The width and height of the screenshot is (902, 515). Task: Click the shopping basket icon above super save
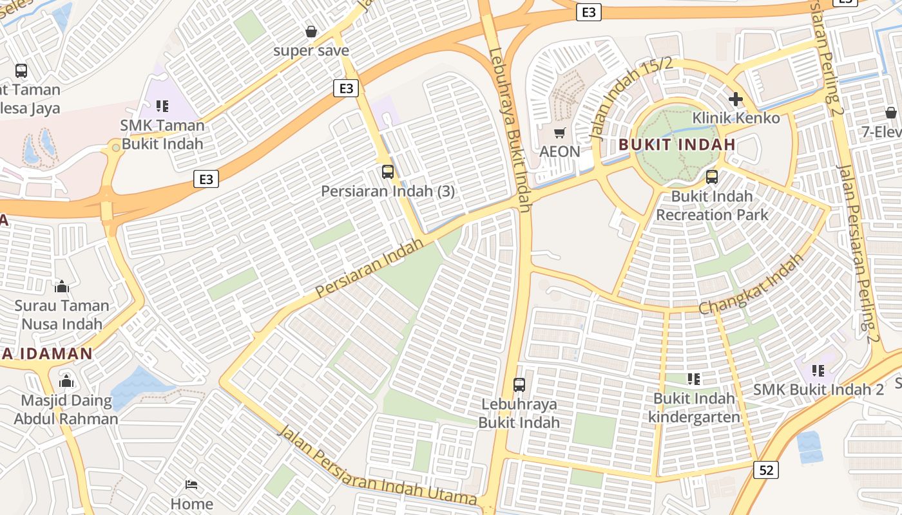[x=311, y=32]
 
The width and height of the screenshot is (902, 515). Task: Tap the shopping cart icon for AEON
[x=560, y=133]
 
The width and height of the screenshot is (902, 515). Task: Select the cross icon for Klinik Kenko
[x=735, y=99]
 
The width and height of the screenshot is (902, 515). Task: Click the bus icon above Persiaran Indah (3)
[x=388, y=172]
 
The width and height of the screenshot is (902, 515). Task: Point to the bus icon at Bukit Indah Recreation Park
[x=712, y=177]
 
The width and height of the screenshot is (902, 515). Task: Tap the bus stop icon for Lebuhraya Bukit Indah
[x=519, y=385]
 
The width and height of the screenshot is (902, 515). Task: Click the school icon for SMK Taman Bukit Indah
[x=162, y=106]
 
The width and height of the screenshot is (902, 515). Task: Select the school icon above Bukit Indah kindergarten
[x=694, y=379]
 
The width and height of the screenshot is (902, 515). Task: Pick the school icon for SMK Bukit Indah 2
[x=818, y=371]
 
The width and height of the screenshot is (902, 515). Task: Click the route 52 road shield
[x=766, y=470]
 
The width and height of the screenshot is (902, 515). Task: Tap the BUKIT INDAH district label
[x=677, y=145]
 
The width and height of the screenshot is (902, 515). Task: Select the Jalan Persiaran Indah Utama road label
[x=377, y=465]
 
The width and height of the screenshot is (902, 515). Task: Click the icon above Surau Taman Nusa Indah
[x=62, y=286]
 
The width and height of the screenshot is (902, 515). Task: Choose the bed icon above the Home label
[x=191, y=484]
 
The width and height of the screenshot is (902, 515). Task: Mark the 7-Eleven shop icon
[x=891, y=113]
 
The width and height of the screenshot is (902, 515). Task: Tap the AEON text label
[x=560, y=152]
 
